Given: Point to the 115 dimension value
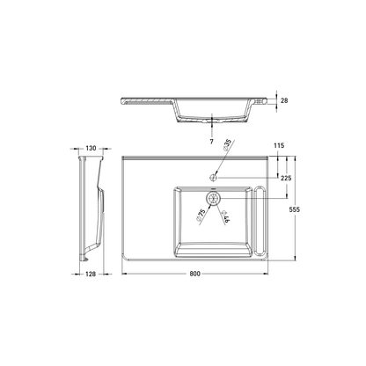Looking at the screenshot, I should click(280, 145).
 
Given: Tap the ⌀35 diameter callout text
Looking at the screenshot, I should click(228, 149).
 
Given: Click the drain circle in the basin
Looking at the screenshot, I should click(211, 197).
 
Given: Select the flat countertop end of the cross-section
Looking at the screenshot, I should click(143, 99).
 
